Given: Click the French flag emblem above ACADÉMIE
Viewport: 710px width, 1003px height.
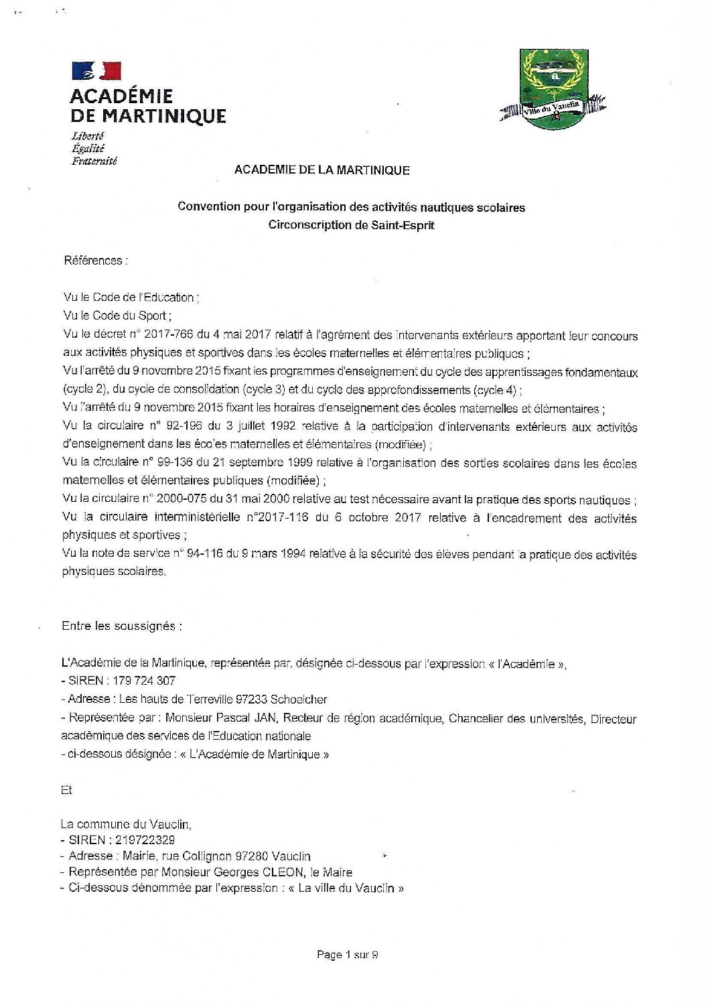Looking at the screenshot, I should point(96,71).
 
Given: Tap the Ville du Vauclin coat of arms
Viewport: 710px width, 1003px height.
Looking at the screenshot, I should point(553,90).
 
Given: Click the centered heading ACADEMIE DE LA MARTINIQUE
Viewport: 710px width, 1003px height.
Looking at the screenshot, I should point(322,170).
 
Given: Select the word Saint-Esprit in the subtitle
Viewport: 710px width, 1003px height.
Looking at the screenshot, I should point(403,225).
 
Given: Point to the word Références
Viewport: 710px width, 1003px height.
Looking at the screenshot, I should point(93,261).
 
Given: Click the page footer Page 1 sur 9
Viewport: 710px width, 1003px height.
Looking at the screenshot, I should point(347,955).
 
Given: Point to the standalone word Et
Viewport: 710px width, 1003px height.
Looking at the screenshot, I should point(66,791).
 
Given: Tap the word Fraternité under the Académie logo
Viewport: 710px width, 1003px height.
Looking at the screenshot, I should point(94,161).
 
